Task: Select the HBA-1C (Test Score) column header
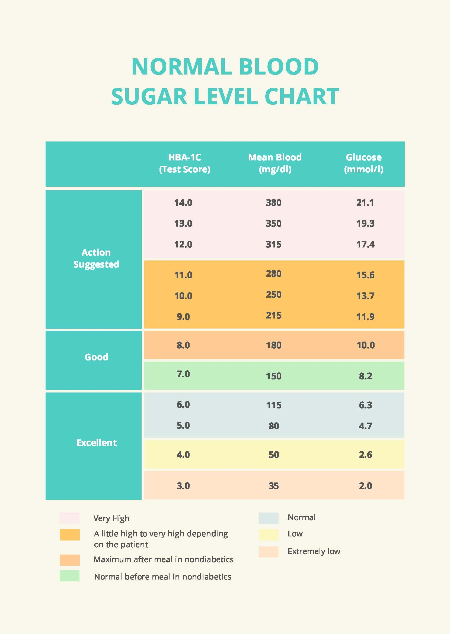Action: [x=184, y=163]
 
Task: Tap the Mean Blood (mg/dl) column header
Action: [x=275, y=163]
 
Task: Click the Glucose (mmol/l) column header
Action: [x=363, y=163]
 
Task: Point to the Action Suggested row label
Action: [x=96, y=258]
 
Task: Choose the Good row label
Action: [x=96, y=357]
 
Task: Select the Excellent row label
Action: [x=96, y=443]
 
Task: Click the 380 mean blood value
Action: [x=273, y=203]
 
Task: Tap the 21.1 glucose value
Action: [x=365, y=203]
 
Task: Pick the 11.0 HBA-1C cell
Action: [x=183, y=275]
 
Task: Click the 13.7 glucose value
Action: [x=365, y=296]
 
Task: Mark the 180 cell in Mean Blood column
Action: [x=273, y=345]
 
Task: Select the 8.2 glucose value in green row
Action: [x=365, y=376]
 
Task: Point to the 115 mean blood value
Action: [x=273, y=405]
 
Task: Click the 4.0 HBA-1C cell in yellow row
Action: [x=183, y=455]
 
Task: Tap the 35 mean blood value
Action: [x=273, y=486]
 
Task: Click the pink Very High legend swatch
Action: [x=69, y=518]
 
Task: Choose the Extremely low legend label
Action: [x=314, y=551]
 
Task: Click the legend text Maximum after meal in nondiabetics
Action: [x=164, y=559]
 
